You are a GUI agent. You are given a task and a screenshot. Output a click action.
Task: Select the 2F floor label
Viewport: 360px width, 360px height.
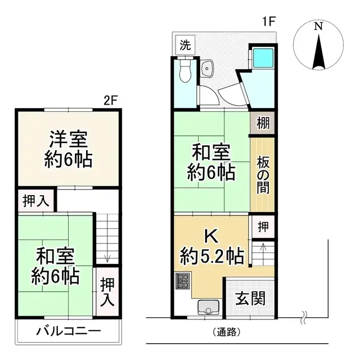(x=111, y=101)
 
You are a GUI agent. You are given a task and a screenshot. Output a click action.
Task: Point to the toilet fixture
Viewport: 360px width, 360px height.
(x=184, y=73)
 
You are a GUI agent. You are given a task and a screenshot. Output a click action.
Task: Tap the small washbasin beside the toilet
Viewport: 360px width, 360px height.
(x=207, y=69)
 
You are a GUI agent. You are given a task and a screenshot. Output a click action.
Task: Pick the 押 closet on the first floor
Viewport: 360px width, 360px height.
(x=263, y=227)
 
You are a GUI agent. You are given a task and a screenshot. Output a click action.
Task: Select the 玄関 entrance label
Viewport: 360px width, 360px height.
(x=250, y=299)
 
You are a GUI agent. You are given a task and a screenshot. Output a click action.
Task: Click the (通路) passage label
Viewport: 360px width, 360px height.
(x=227, y=332)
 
